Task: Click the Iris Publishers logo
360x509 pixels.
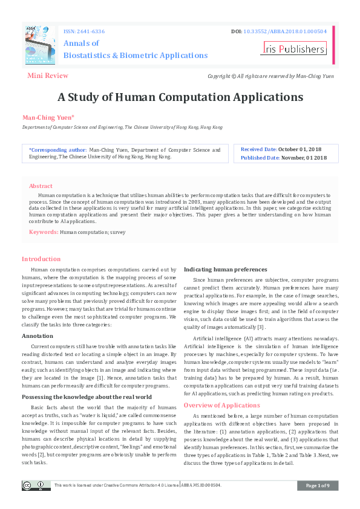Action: (x=293, y=49)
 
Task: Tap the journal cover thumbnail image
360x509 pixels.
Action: (x=41, y=45)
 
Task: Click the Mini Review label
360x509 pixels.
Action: (x=48, y=76)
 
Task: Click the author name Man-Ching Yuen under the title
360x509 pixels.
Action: (x=48, y=117)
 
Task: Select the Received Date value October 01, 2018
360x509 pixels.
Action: (x=300, y=149)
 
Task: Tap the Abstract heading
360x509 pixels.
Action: (x=41, y=186)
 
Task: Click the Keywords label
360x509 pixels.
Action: (x=44, y=232)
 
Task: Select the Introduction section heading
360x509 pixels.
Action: (x=41, y=259)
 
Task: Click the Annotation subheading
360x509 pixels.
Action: (x=38, y=336)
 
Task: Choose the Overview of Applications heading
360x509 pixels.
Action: (x=221, y=405)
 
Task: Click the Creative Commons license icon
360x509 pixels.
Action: (x=36, y=485)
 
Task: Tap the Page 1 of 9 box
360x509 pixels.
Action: (x=318, y=485)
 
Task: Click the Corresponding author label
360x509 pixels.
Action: (x=57, y=149)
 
